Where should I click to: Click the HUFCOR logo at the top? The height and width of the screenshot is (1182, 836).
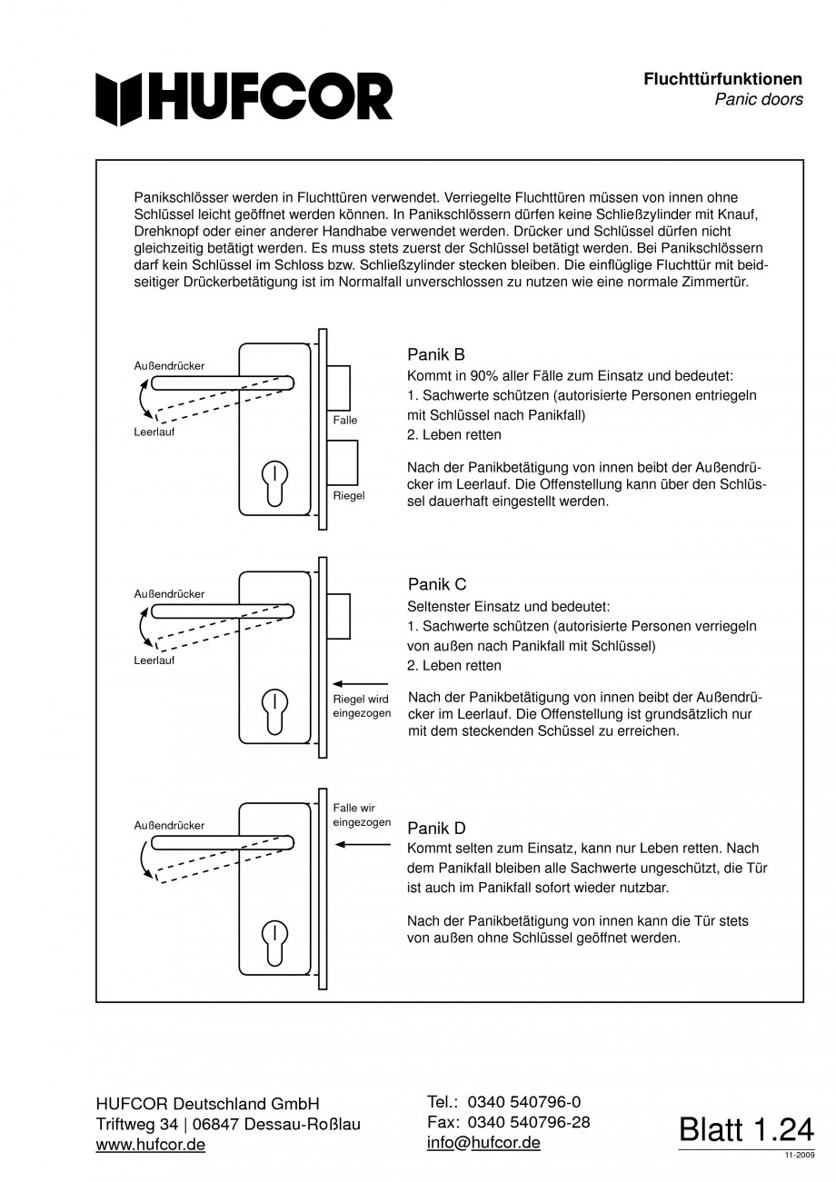(244, 97)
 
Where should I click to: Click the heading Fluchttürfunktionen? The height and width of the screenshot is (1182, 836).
(722, 79)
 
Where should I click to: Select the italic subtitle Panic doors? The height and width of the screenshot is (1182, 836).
(758, 100)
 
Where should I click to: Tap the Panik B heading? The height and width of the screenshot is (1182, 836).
(436, 354)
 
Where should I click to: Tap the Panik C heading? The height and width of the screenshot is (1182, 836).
(436, 584)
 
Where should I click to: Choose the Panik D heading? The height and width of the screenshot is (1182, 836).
(436, 828)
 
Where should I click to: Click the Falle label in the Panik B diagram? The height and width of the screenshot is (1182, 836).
(345, 420)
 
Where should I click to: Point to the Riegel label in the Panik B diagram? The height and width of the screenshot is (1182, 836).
(349, 496)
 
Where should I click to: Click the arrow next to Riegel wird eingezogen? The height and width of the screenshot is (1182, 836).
(361, 683)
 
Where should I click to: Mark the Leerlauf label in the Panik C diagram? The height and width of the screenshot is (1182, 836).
(154, 661)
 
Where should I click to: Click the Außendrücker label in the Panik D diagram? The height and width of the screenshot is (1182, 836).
(169, 826)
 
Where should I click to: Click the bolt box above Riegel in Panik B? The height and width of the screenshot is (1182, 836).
(343, 462)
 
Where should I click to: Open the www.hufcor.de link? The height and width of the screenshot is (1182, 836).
(151, 1145)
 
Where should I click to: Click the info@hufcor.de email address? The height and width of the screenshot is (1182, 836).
(483, 1143)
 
